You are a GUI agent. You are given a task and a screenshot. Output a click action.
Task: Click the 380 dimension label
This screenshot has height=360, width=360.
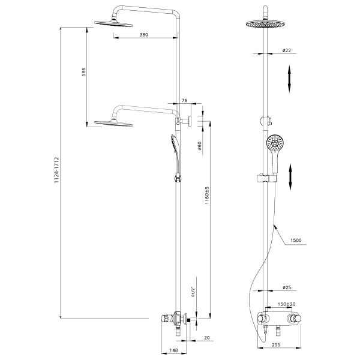[x=144, y=35]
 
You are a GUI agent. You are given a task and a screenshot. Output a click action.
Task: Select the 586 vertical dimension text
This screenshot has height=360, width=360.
[x=84, y=72]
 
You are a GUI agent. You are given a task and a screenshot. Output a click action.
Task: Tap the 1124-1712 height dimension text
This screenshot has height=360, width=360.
[x=57, y=170]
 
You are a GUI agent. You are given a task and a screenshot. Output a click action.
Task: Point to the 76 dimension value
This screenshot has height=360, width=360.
[x=185, y=101]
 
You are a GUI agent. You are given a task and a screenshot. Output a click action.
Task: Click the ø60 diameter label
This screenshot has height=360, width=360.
[x=199, y=146]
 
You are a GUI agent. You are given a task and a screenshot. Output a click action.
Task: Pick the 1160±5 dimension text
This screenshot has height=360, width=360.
[x=208, y=196]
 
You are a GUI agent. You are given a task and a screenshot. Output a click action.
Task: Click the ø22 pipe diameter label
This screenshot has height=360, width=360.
[x=287, y=50]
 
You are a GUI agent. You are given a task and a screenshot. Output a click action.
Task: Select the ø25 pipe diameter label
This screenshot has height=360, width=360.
[x=287, y=287]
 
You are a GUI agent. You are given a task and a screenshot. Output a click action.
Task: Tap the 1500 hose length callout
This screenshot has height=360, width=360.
[x=296, y=241]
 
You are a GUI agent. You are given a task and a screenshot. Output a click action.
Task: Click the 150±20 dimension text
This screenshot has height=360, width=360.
[x=286, y=304]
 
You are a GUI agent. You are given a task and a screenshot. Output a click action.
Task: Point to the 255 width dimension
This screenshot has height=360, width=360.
[x=276, y=345]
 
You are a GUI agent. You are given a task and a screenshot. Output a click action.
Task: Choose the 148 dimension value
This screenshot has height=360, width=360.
[x=173, y=350]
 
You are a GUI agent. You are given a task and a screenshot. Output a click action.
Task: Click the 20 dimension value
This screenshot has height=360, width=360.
[x=207, y=338]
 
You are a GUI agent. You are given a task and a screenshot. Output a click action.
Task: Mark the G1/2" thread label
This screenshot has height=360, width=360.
[x=193, y=292]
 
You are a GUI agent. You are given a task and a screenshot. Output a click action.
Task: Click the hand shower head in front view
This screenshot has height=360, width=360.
[x=275, y=143]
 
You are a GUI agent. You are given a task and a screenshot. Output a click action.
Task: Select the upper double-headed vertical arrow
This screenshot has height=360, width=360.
[x=290, y=79]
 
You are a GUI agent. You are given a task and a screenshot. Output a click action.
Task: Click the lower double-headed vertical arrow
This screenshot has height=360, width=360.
[x=290, y=177]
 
